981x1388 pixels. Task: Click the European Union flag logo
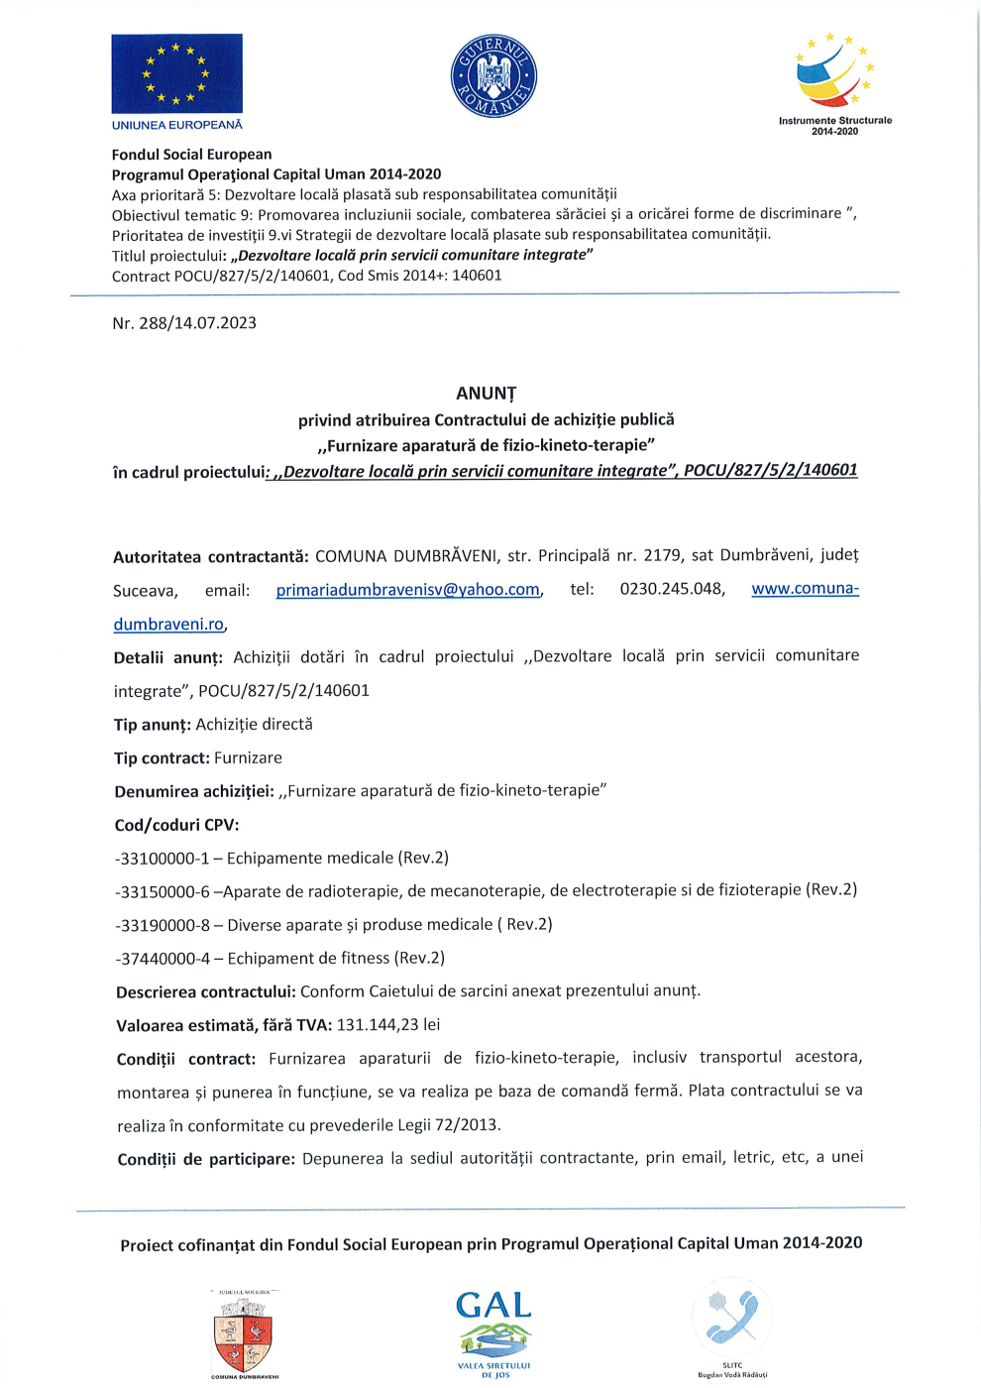click(x=176, y=73)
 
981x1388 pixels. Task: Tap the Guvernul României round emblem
click(x=493, y=75)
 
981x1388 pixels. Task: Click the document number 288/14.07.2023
click(x=198, y=323)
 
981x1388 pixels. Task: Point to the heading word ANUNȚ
click(x=486, y=394)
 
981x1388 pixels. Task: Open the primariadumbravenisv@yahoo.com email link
click(x=408, y=590)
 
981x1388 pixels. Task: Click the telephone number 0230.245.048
click(x=672, y=589)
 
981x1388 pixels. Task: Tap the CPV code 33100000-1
click(x=163, y=859)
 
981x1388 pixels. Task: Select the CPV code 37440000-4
click(x=164, y=959)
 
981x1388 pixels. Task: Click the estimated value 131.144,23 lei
click(x=388, y=1025)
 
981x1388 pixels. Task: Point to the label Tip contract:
click(x=162, y=758)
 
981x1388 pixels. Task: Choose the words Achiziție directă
click(x=255, y=725)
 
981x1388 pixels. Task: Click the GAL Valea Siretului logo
click(x=493, y=1329)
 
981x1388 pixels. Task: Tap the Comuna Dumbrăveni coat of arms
click(x=244, y=1333)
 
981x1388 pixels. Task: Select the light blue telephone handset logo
click(x=732, y=1317)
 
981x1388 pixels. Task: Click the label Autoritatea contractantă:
click(x=211, y=557)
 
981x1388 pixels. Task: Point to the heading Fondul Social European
click(x=191, y=155)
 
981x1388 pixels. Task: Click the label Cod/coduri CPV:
click(x=176, y=825)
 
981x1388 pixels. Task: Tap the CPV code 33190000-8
click(x=164, y=925)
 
